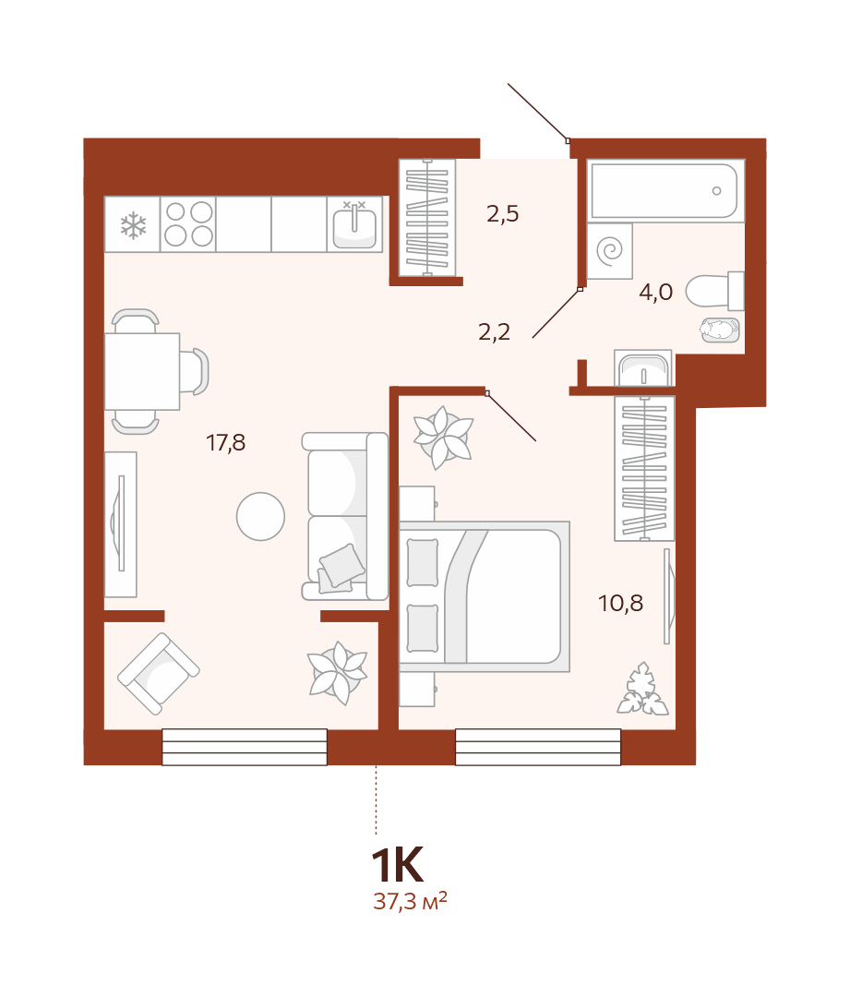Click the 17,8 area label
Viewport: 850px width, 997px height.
pyautogui.click(x=226, y=442)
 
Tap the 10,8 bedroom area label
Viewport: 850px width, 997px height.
pyautogui.click(x=620, y=603)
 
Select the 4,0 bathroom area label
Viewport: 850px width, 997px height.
pyautogui.click(x=655, y=292)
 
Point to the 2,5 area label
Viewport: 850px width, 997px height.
pyautogui.click(x=502, y=214)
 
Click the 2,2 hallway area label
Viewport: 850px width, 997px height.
pyautogui.click(x=494, y=332)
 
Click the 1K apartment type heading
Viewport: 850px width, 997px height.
pyautogui.click(x=397, y=865)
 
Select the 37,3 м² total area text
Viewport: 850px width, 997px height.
pyautogui.click(x=410, y=901)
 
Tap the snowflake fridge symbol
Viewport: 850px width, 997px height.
pyautogui.click(x=133, y=226)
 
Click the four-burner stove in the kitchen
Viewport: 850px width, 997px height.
pyautogui.click(x=188, y=223)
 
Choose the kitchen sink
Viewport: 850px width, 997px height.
pyautogui.click(x=354, y=224)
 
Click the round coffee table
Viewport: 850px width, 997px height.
pyautogui.click(x=260, y=516)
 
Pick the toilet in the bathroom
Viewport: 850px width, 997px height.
pyautogui.click(x=714, y=291)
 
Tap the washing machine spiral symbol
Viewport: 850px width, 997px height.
pyautogui.click(x=610, y=250)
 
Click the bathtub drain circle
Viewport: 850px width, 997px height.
pyautogui.click(x=716, y=191)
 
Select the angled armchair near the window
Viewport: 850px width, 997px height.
pyautogui.click(x=159, y=673)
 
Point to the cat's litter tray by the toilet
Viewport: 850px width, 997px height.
pyautogui.click(x=720, y=330)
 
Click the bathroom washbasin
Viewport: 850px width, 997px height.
pyautogui.click(x=643, y=368)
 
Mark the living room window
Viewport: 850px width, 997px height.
pyautogui.click(x=245, y=747)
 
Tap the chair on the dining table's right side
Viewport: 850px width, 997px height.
pyautogui.click(x=195, y=371)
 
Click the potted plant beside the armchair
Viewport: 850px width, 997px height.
pyautogui.click(x=337, y=673)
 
